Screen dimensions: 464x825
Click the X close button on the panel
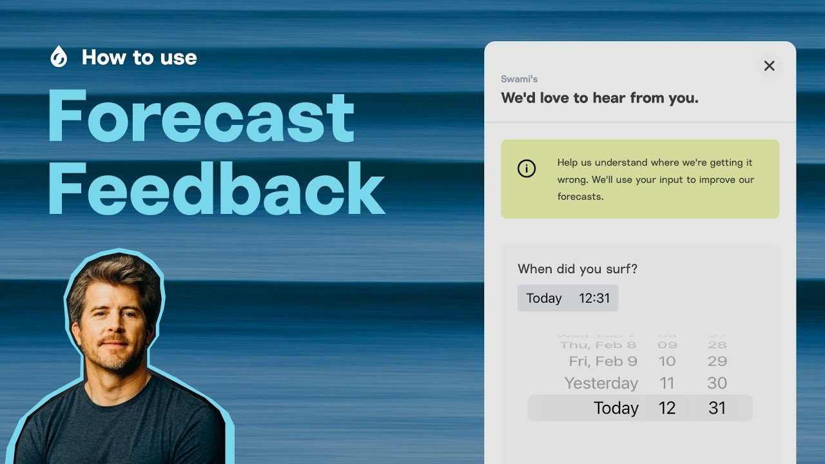point(769,66)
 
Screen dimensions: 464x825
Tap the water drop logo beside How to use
point(59,57)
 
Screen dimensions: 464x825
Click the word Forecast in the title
point(201,117)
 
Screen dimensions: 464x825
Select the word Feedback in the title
point(217,188)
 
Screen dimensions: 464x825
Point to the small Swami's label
point(519,79)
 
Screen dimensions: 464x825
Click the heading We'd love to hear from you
point(599,98)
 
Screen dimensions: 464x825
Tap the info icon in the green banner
point(527,169)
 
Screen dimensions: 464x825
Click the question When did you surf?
point(577,269)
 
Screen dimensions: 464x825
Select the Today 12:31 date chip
point(568,298)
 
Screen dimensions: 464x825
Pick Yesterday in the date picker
point(601,383)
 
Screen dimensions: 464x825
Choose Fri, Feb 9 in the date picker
point(603,362)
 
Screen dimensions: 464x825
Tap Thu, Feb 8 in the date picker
point(597,345)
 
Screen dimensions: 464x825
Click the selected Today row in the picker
point(616,408)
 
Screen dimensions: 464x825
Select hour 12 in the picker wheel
point(667,408)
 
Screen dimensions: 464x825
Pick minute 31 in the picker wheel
point(717,408)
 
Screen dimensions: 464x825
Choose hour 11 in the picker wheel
point(667,383)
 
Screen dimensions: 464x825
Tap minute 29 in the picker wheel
point(717,362)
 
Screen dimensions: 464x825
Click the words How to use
point(139,57)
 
